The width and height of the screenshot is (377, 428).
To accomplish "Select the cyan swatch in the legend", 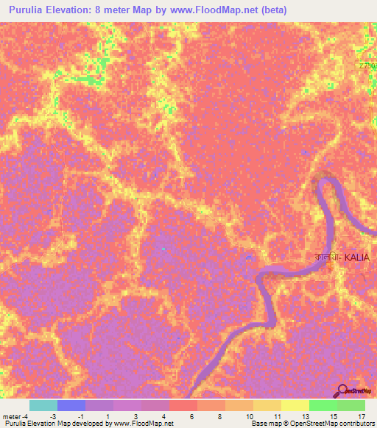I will point(43,405).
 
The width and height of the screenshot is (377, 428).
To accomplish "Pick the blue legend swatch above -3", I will point(71,405).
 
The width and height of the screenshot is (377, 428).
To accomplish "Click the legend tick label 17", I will point(361,415).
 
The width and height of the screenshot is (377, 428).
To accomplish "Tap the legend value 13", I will point(305,415).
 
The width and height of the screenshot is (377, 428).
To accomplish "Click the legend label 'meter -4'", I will point(17,415).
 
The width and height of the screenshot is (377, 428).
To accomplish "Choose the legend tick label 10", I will point(249,415).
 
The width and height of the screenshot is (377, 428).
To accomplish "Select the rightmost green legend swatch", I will point(351,405).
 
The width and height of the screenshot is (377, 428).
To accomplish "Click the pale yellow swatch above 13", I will point(295,405).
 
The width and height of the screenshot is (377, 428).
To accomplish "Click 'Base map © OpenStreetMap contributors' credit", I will point(312,424).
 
